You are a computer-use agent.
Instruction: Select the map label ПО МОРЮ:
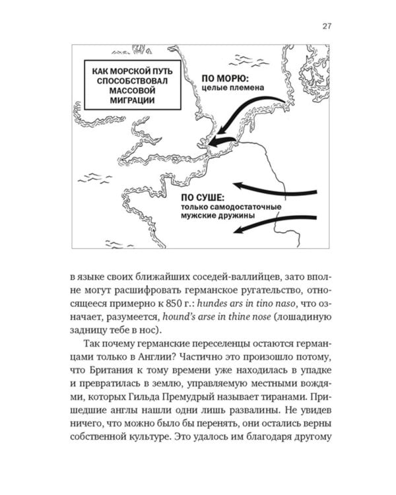(223, 77)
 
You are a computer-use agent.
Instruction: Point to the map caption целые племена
(231, 87)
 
